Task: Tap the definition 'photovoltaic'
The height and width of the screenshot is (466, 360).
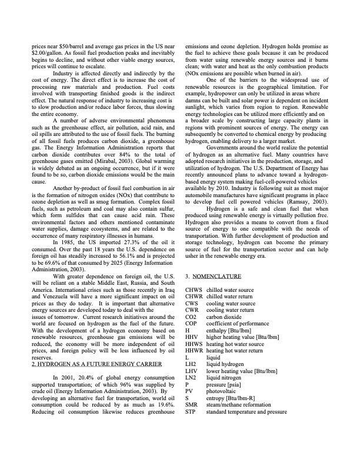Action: coord(224,391)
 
